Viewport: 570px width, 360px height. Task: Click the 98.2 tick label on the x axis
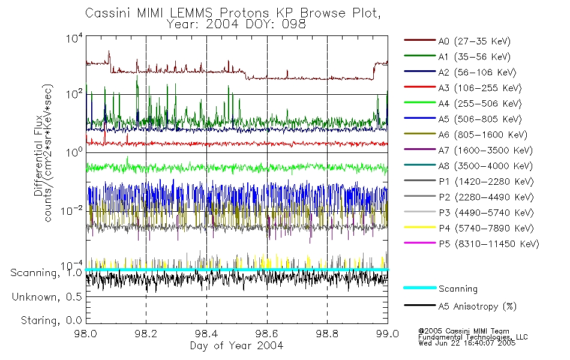click(x=146, y=334)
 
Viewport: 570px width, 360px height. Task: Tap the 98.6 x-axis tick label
click(x=266, y=334)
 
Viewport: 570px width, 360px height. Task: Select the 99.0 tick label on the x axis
click(x=387, y=334)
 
